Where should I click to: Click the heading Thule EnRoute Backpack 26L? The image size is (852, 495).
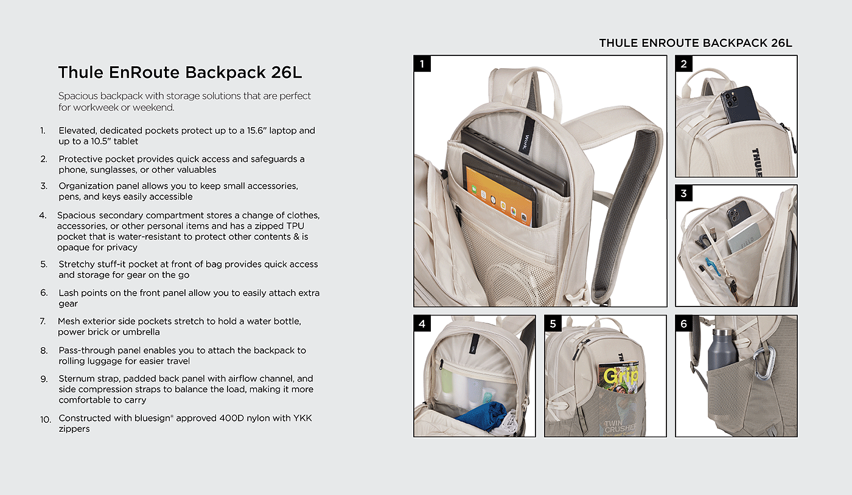(x=180, y=72)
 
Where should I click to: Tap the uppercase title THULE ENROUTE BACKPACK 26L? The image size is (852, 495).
(x=696, y=43)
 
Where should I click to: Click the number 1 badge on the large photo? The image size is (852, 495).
(x=422, y=63)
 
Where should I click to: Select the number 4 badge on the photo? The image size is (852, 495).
(x=422, y=324)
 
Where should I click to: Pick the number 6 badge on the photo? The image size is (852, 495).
(x=683, y=324)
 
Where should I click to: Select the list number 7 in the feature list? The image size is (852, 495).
(x=43, y=321)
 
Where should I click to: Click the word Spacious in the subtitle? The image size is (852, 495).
(x=77, y=96)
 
